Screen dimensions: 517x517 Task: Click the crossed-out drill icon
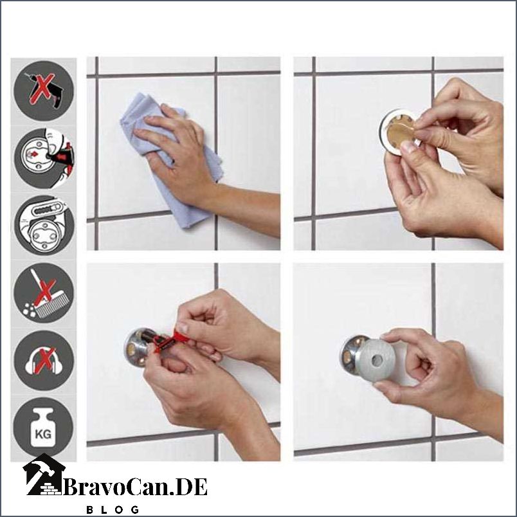[x=44, y=91]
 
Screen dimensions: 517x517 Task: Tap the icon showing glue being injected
[x=44, y=158]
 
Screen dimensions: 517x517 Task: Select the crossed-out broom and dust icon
[x=44, y=293]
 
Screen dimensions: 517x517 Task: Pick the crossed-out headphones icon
[x=44, y=361]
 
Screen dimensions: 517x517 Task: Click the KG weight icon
[x=44, y=428]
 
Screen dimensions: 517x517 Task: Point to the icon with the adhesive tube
[x=44, y=226]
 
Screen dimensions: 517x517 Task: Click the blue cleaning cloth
[x=168, y=158]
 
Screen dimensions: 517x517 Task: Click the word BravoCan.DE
[x=135, y=487]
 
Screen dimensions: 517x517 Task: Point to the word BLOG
[x=113, y=509]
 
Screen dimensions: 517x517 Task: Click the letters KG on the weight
[x=43, y=434]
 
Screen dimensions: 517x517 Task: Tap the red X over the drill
[x=42, y=89]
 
